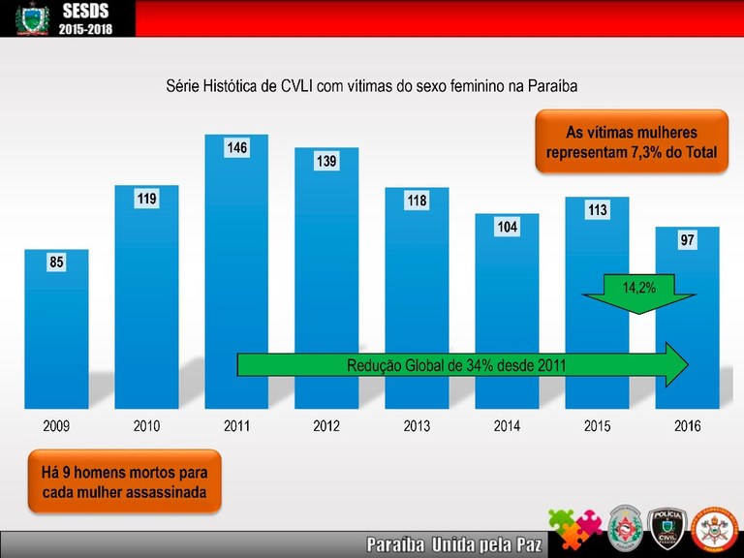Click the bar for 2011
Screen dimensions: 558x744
click(236, 281)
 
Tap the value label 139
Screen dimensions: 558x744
click(325, 162)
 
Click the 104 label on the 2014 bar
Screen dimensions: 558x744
click(507, 227)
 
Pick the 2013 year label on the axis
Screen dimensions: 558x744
click(417, 425)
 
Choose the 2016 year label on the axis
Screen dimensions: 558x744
click(687, 425)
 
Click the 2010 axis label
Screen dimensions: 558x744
click(146, 425)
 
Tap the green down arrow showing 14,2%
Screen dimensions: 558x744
click(637, 291)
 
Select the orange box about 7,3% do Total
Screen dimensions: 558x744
click(631, 142)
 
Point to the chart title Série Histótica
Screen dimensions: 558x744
click(372, 86)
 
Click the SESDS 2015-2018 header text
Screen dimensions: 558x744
click(86, 18)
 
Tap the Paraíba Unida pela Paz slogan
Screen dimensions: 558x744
click(452, 543)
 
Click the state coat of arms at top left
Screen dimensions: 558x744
click(30, 18)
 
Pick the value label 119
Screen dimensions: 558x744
click(146, 199)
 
